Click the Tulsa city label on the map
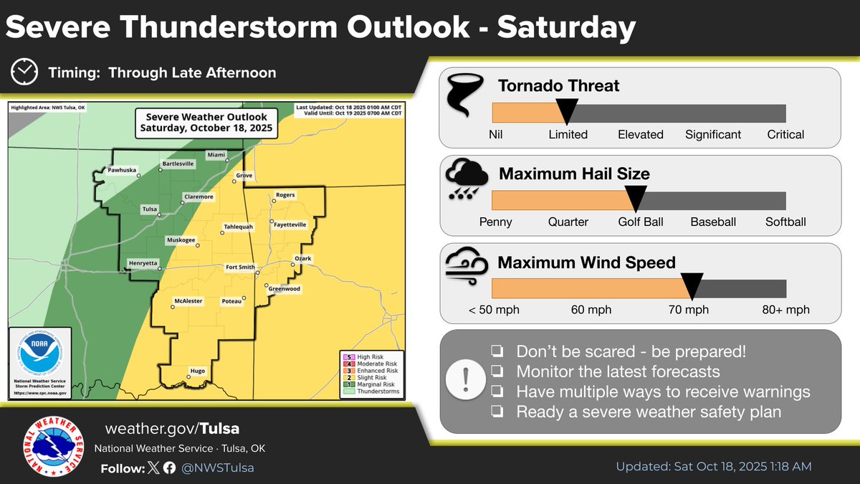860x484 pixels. point(150,209)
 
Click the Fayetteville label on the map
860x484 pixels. point(290,224)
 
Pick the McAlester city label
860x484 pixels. point(189,300)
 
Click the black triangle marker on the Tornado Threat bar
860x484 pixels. point(567,110)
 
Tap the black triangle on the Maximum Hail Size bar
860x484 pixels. point(636,197)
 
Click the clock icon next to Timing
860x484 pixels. point(26,73)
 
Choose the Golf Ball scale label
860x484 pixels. point(640,222)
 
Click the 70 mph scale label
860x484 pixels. point(688,310)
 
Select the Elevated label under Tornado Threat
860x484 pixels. point(640,135)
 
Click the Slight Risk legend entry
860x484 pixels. point(370,378)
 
